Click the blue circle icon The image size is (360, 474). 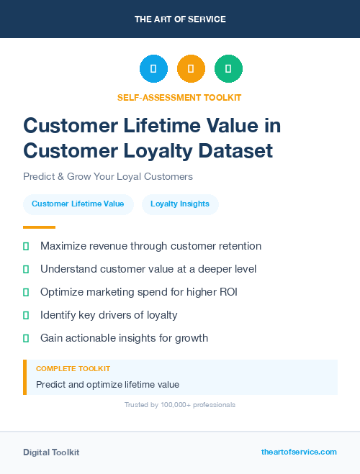tap(153, 69)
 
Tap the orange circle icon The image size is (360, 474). tap(191, 69)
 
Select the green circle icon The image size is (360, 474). tap(228, 69)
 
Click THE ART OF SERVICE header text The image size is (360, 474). tap(180, 19)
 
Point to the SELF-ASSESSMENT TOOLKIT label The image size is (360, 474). tap(179, 97)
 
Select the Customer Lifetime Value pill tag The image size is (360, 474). tap(78, 204)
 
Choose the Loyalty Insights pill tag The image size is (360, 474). tap(180, 204)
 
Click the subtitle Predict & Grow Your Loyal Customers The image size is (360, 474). tap(108, 176)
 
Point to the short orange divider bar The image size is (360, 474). tap(39, 227)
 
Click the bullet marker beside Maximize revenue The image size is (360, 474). tap(26, 246)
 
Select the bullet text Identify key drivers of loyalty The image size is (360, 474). tap(109, 315)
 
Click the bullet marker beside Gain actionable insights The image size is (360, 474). tap(26, 338)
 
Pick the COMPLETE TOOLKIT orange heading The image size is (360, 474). tap(73, 369)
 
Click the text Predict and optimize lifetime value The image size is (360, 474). tap(107, 385)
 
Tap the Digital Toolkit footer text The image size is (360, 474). tap(51, 452)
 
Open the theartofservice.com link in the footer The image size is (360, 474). tap(299, 452)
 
